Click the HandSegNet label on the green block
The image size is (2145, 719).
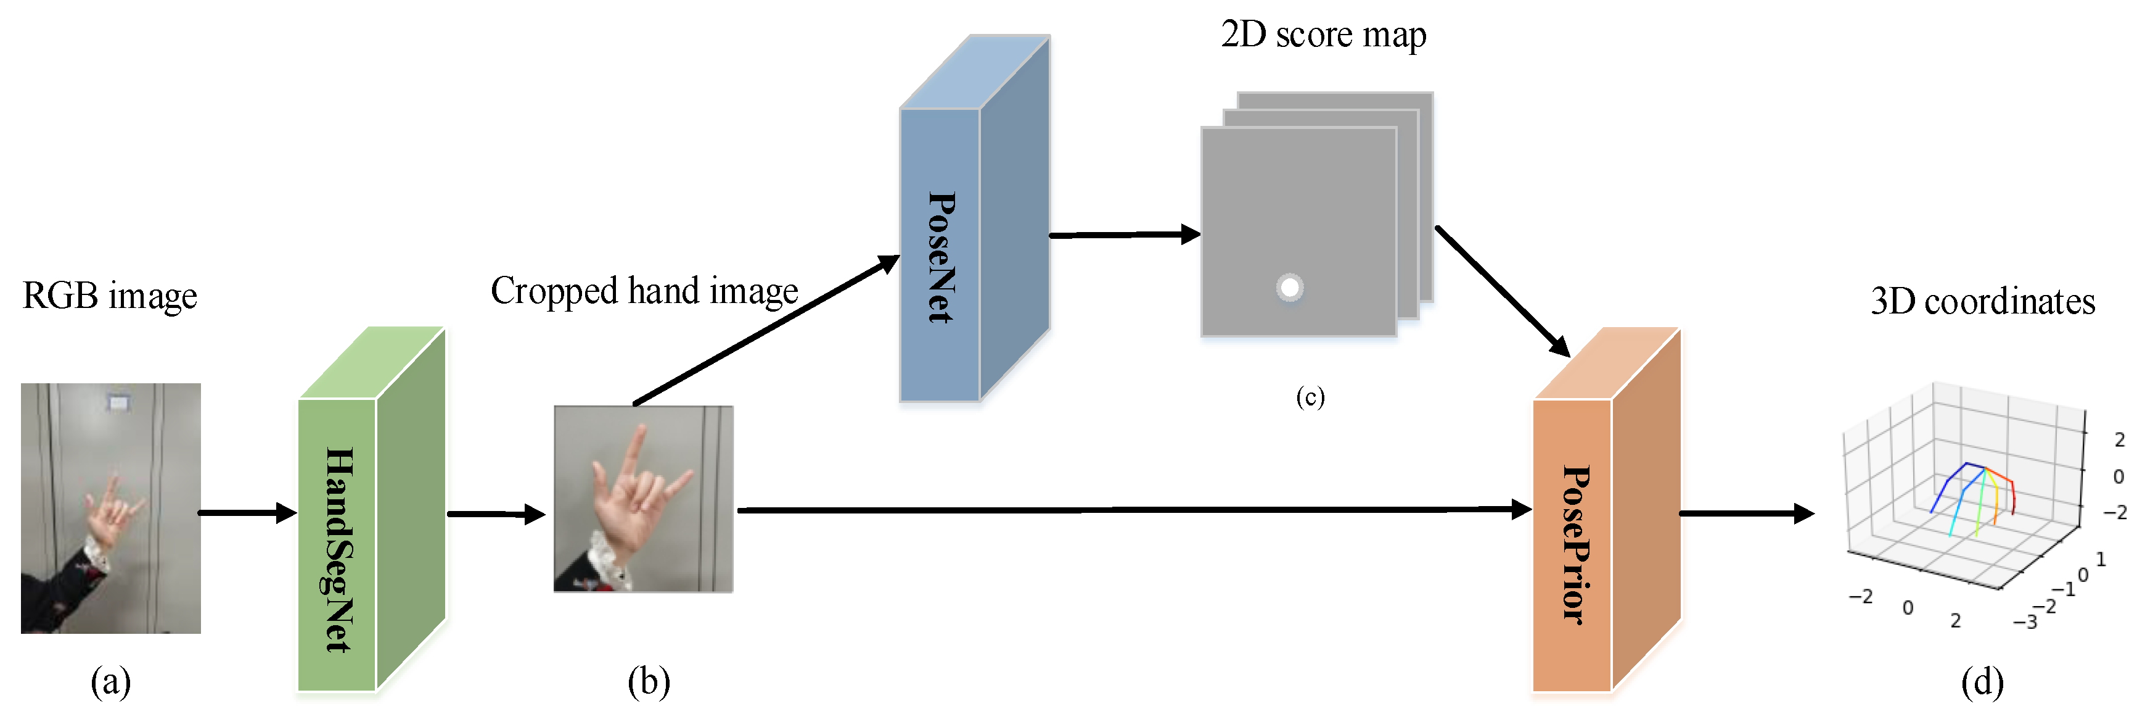[338, 549]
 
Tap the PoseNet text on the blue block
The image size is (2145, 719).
[941, 257]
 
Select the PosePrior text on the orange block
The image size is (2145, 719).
[1575, 544]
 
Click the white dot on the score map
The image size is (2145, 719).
[1289, 288]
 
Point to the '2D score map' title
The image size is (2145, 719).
[1323, 35]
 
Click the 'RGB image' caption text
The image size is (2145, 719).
[109, 296]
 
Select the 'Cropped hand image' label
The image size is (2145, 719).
[644, 291]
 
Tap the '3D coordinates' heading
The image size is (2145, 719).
[1982, 302]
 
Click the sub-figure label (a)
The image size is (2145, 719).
[111, 683]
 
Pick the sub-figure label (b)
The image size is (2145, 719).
[649, 683]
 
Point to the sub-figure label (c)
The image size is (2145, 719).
[1310, 397]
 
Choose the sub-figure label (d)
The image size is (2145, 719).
[1982, 683]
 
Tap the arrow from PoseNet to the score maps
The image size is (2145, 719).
[1124, 235]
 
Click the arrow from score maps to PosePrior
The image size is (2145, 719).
[1503, 291]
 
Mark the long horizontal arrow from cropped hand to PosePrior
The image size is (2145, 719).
[1133, 509]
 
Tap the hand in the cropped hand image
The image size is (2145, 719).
[633, 491]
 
